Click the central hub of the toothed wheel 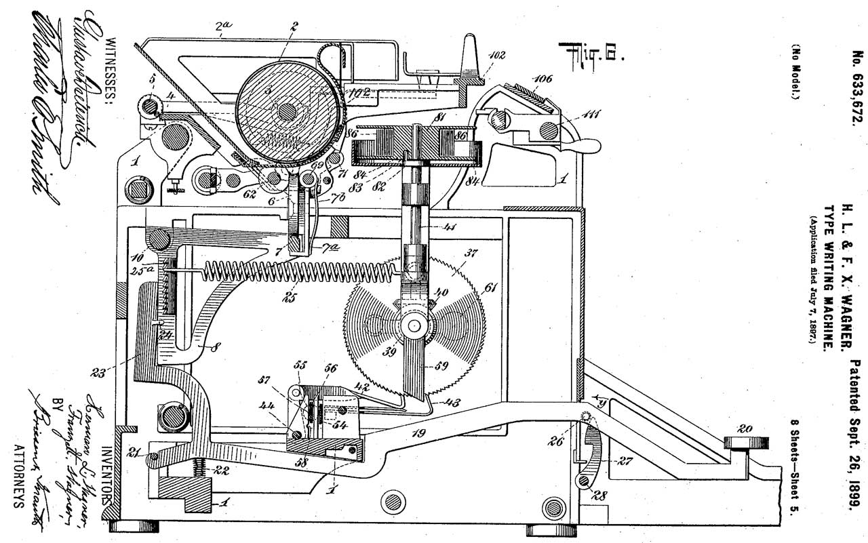410,325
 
